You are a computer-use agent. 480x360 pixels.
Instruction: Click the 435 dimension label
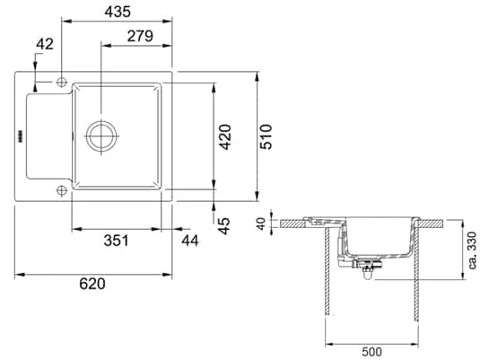pyautogui.click(x=118, y=12)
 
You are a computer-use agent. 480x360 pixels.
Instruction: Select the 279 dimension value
pyautogui.click(x=140, y=36)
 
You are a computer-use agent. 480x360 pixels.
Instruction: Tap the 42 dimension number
pyautogui.click(x=45, y=44)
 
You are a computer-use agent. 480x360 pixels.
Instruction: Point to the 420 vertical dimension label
pyautogui.click(x=225, y=136)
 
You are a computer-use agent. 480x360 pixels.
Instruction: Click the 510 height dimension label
pyautogui.click(x=266, y=136)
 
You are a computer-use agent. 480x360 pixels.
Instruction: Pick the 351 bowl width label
pyautogui.click(x=116, y=241)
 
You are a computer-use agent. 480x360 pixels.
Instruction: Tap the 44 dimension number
pyautogui.click(x=190, y=241)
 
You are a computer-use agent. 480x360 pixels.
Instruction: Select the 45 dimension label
pyautogui.click(x=224, y=226)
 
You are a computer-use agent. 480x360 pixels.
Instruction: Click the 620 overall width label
pyautogui.click(x=92, y=284)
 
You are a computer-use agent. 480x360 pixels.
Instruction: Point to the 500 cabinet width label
pyautogui.click(x=371, y=352)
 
